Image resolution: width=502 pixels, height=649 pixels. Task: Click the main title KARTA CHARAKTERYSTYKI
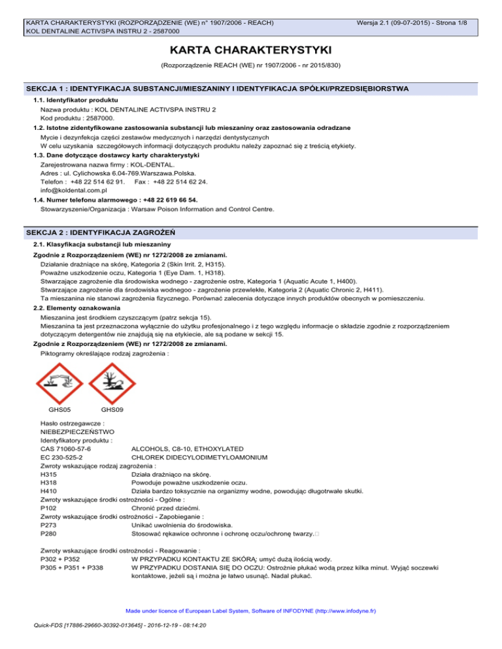tap(251, 50)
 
